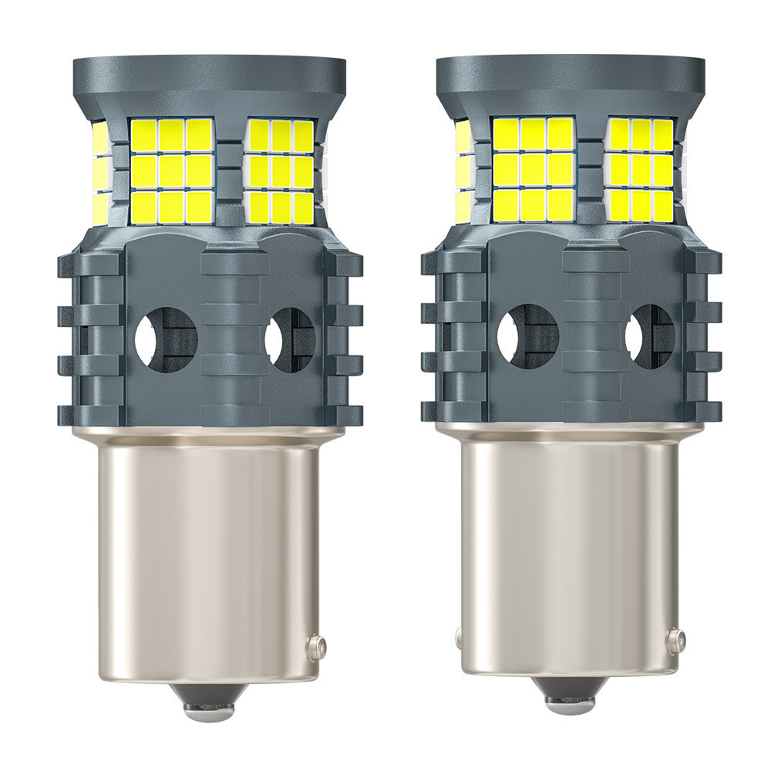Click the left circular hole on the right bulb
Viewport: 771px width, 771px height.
(x=527, y=337)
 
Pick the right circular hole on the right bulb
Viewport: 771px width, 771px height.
(x=649, y=337)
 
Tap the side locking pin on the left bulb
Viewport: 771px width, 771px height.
(x=316, y=646)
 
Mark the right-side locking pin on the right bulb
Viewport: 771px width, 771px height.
(x=676, y=639)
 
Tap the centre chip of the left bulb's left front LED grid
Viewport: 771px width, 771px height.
(x=172, y=170)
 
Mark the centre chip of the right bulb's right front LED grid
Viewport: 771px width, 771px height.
(x=641, y=170)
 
